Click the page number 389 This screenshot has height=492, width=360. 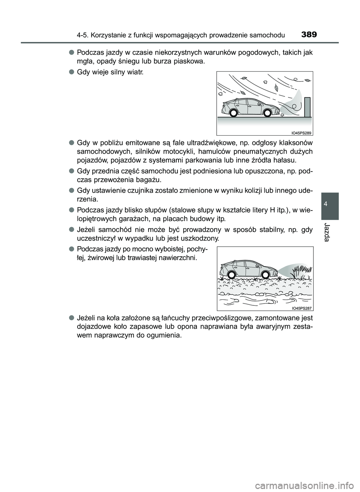[309, 35]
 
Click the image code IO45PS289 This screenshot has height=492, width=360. [301, 132]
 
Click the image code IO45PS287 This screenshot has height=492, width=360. [301, 308]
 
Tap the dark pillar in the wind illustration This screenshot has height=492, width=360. [307, 106]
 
